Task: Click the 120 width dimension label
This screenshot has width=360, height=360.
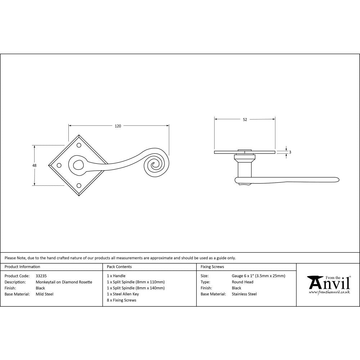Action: click(x=118, y=126)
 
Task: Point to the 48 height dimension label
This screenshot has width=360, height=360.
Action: click(x=35, y=165)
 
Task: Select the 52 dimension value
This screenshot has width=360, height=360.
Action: click(x=245, y=120)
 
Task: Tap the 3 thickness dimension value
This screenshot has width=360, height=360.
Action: click(x=290, y=152)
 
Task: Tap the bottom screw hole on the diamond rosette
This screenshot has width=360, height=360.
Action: click(x=79, y=185)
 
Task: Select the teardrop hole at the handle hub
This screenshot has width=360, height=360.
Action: click(x=77, y=165)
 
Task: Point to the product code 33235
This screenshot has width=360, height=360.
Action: click(x=41, y=276)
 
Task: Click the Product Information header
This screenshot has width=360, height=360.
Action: click(x=22, y=267)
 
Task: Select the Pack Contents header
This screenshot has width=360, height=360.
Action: click(x=119, y=267)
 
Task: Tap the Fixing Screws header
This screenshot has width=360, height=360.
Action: click(x=212, y=267)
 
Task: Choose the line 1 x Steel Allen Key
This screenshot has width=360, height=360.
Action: click(x=123, y=294)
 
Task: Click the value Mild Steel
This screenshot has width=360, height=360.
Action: click(x=44, y=294)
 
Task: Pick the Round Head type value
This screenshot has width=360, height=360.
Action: click(x=243, y=282)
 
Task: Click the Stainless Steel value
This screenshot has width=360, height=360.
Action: click(x=244, y=294)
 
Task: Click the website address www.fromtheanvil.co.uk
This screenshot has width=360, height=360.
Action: click(x=329, y=292)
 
